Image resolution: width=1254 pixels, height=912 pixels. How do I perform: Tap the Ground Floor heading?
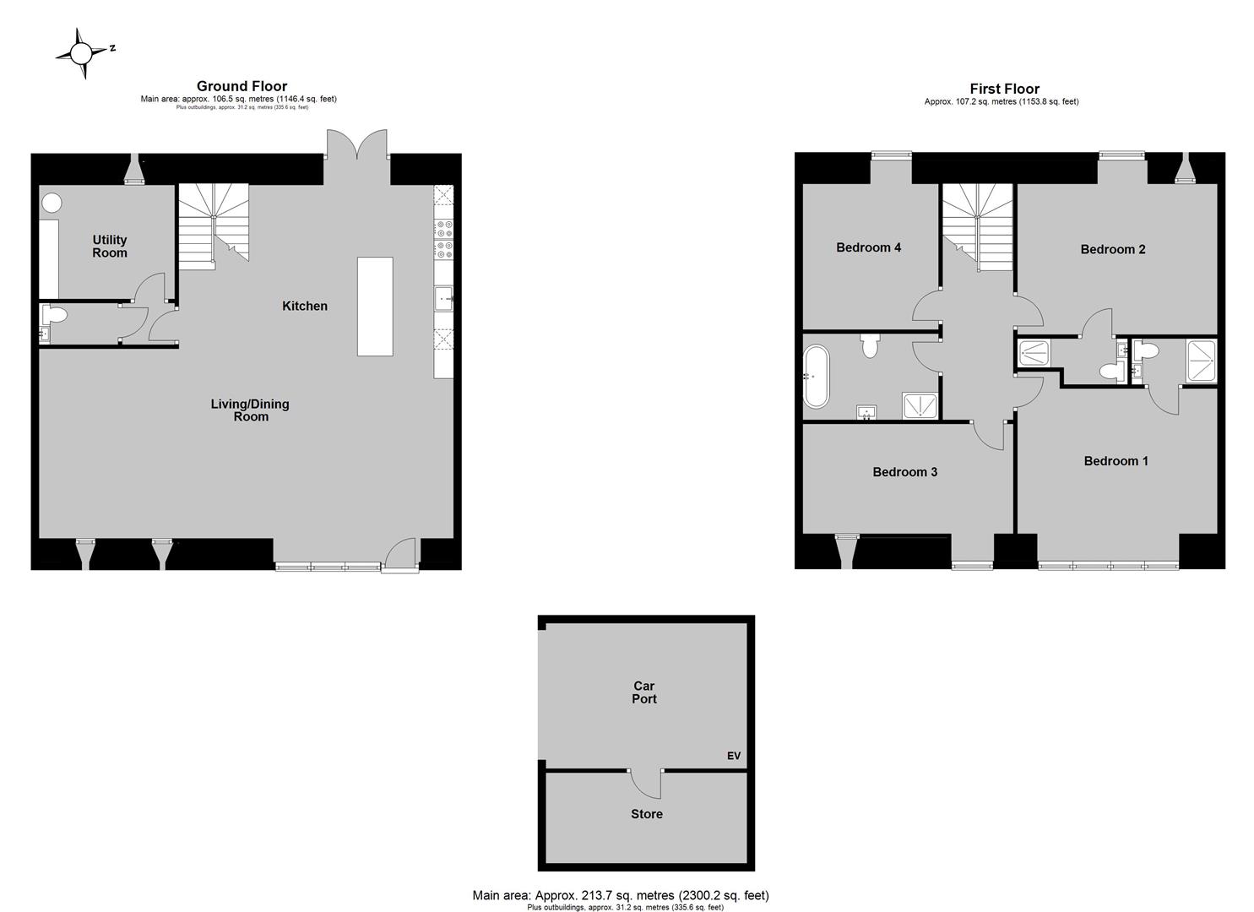point(242,86)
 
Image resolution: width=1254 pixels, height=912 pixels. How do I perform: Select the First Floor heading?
point(1004,89)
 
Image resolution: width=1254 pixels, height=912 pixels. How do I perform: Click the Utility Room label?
point(110,247)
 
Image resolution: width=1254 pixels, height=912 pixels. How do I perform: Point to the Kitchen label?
point(305,306)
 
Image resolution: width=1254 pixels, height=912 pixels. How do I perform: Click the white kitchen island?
point(375,307)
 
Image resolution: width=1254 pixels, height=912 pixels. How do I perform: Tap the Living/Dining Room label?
point(250,410)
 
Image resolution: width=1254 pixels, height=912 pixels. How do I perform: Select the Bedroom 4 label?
point(868,247)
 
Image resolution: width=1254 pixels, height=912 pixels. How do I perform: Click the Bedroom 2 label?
point(1113,250)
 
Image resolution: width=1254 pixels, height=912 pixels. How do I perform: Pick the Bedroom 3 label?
point(904,472)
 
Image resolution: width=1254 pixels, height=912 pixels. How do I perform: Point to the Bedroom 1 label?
point(1116,461)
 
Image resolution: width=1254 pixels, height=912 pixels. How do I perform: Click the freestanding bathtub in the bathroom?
point(817,377)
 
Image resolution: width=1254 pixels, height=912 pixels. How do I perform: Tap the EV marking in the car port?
point(733,756)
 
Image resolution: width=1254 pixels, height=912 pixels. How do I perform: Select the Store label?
point(647,814)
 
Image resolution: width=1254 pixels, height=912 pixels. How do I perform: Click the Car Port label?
point(643,692)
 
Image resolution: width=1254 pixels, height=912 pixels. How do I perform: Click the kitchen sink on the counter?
point(444,298)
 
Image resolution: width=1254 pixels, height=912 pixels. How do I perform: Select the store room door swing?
point(645,784)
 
